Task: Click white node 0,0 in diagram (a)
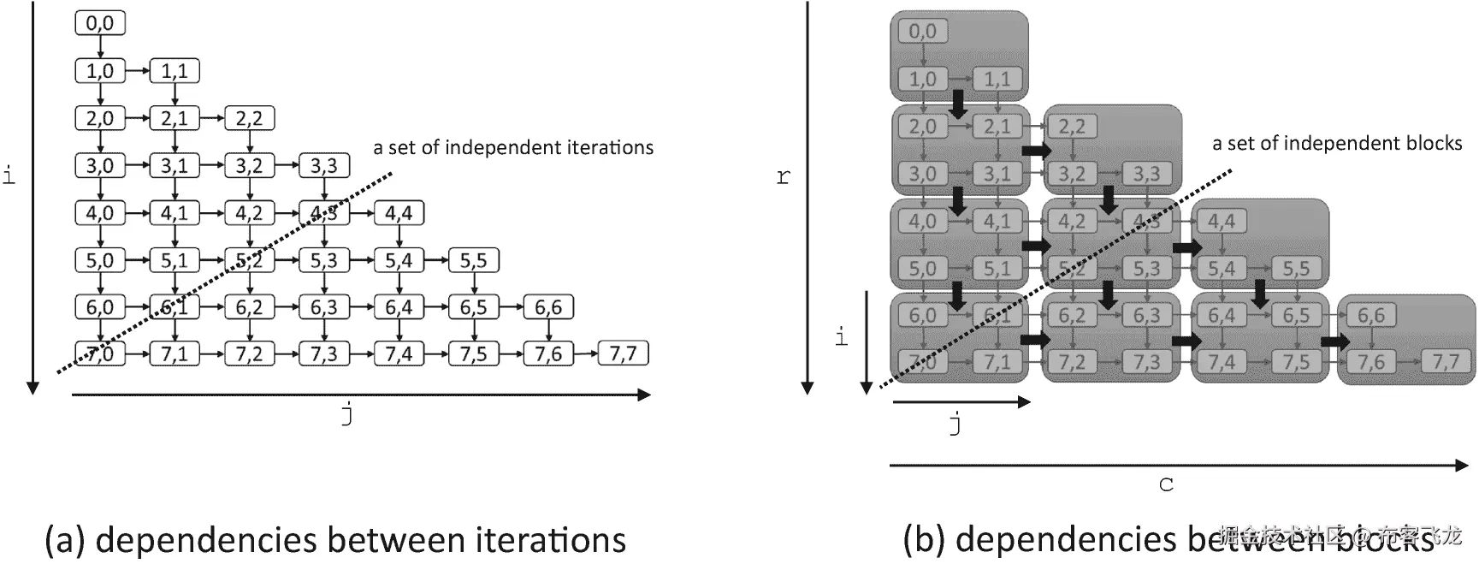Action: click(100, 23)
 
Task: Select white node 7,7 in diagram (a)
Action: click(623, 353)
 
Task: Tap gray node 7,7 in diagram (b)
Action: click(1446, 362)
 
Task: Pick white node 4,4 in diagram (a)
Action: click(399, 212)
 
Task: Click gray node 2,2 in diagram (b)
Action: click(1072, 127)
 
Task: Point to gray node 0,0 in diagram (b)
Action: click(922, 32)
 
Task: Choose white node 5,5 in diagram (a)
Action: click(473, 260)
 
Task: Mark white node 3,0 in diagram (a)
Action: click(100, 165)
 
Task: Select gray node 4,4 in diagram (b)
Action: click(1222, 221)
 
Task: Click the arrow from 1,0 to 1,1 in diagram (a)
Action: click(138, 71)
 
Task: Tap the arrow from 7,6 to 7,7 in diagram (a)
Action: click(586, 353)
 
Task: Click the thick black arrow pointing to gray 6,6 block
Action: click(1334, 341)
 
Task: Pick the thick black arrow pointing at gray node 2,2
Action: click(1037, 151)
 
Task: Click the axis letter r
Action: click(783, 177)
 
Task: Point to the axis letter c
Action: click(1166, 485)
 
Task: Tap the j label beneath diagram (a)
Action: click(347, 414)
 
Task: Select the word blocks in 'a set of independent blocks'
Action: click(1431, 143)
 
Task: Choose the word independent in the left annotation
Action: click(511, 147)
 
